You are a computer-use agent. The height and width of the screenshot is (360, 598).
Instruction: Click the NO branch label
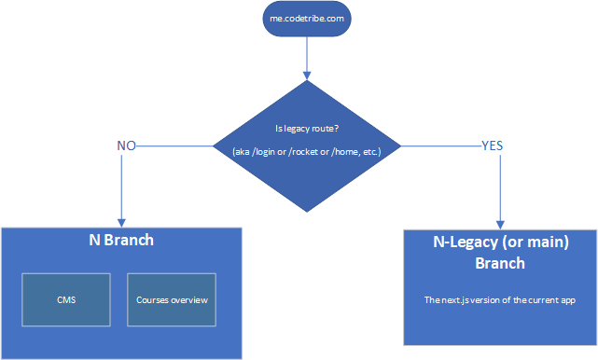tap(127, 145)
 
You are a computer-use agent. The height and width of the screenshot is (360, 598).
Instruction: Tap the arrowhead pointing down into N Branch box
tap(122, 218)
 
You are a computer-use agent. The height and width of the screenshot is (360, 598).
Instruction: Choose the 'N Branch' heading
tap(120, 241)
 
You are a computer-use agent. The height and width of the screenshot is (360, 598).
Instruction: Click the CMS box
tap(66, 299)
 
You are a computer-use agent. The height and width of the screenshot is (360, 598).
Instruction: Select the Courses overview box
tap(172, 299)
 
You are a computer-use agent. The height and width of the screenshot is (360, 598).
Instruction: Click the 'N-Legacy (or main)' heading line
tap(500, 244)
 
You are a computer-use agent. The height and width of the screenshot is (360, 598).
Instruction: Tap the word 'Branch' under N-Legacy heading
tap(500, 263)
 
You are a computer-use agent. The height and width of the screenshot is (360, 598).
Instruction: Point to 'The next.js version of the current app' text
tap(500, 299)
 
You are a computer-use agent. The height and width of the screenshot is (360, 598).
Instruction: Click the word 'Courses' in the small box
tap(152, 299)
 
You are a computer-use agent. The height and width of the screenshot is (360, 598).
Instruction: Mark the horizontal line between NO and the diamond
tap(177, 145)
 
